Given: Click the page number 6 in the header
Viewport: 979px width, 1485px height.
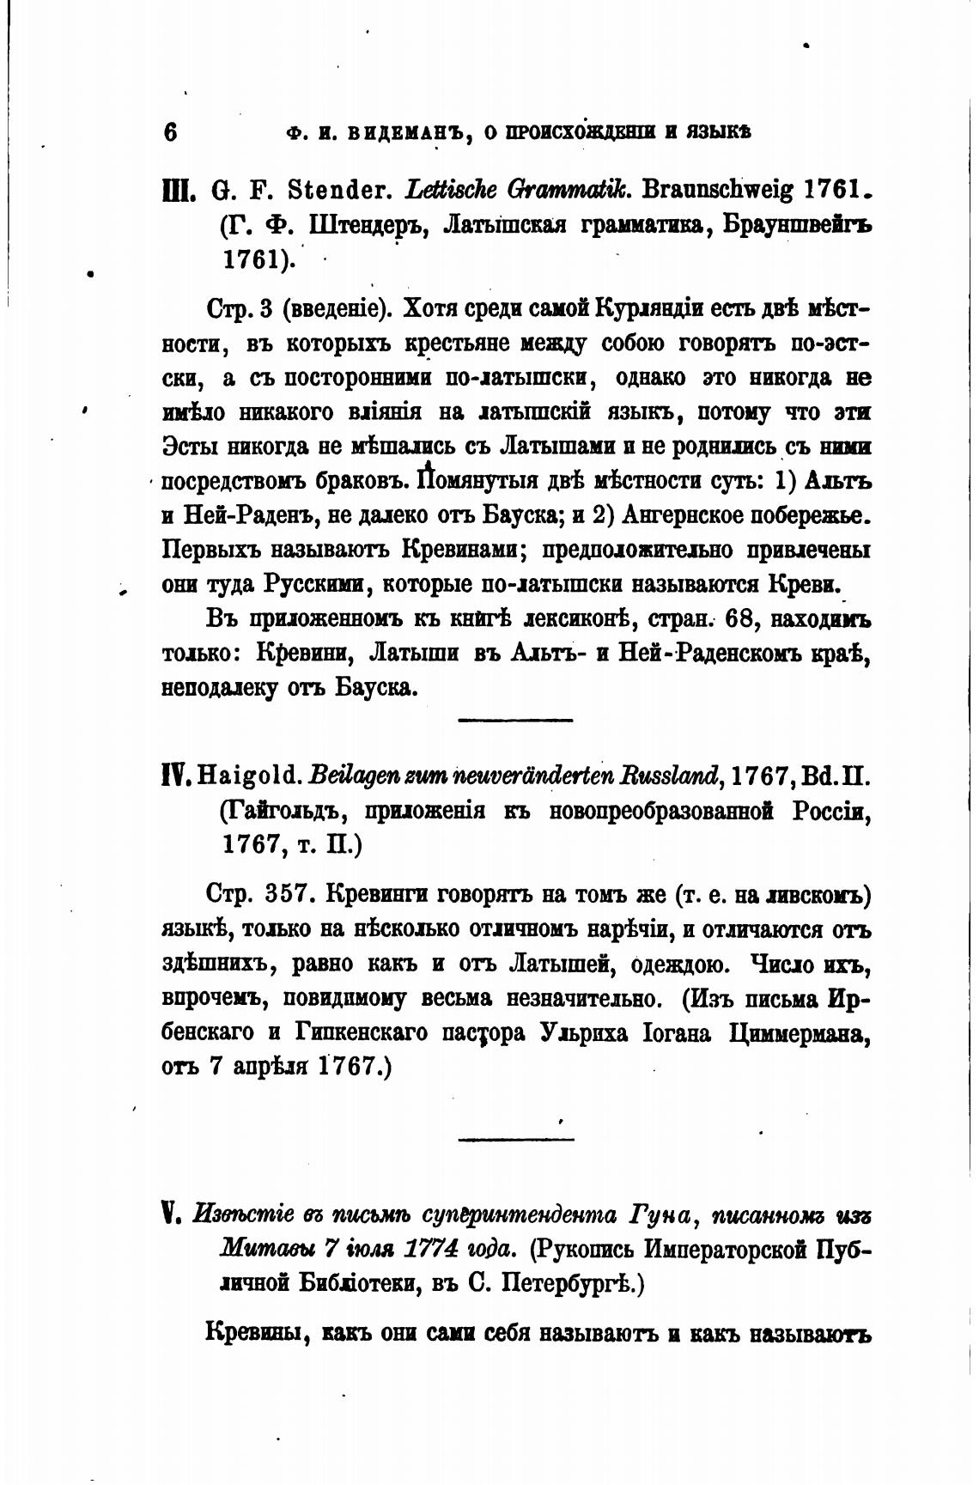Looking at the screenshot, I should [169, 132].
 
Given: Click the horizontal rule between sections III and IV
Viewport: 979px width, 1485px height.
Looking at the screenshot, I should [515, 719].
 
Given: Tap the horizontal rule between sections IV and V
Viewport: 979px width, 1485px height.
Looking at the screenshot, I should [515, 1140].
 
